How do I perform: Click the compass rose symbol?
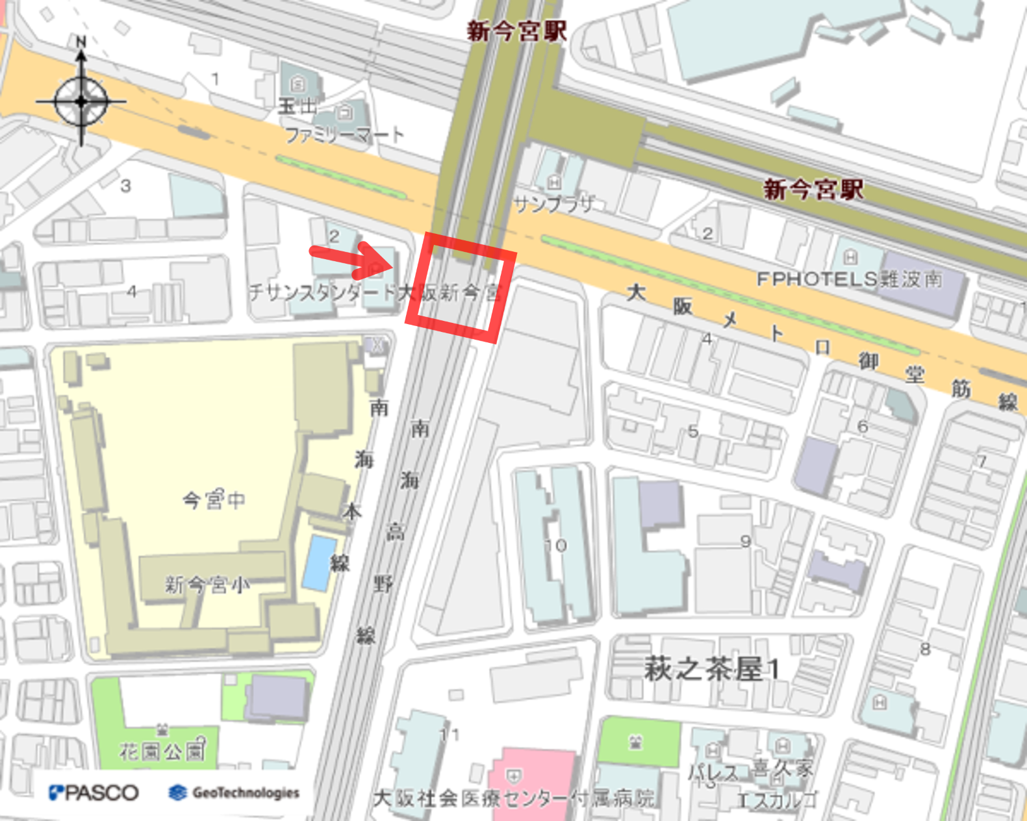coord(81,101)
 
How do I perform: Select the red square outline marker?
coord(461,286)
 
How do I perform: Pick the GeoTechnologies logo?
coord(234,792)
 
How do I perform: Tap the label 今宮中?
coord(214,499)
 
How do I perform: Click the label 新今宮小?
coord(207,585)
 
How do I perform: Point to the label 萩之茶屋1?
coord(711,668)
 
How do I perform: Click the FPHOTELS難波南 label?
coord(849,279)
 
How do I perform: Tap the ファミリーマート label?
coord(344,135)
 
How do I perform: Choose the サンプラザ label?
coord(553,204)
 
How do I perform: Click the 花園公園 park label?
coord(162,752)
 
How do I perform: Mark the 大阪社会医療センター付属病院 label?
coord(513,798)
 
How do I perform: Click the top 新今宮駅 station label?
coord(516,31)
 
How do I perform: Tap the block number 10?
coord(555,545)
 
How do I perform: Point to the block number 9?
coord(745,541)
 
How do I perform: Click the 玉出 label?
coord(297,106)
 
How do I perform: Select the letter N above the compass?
coord(81,42)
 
